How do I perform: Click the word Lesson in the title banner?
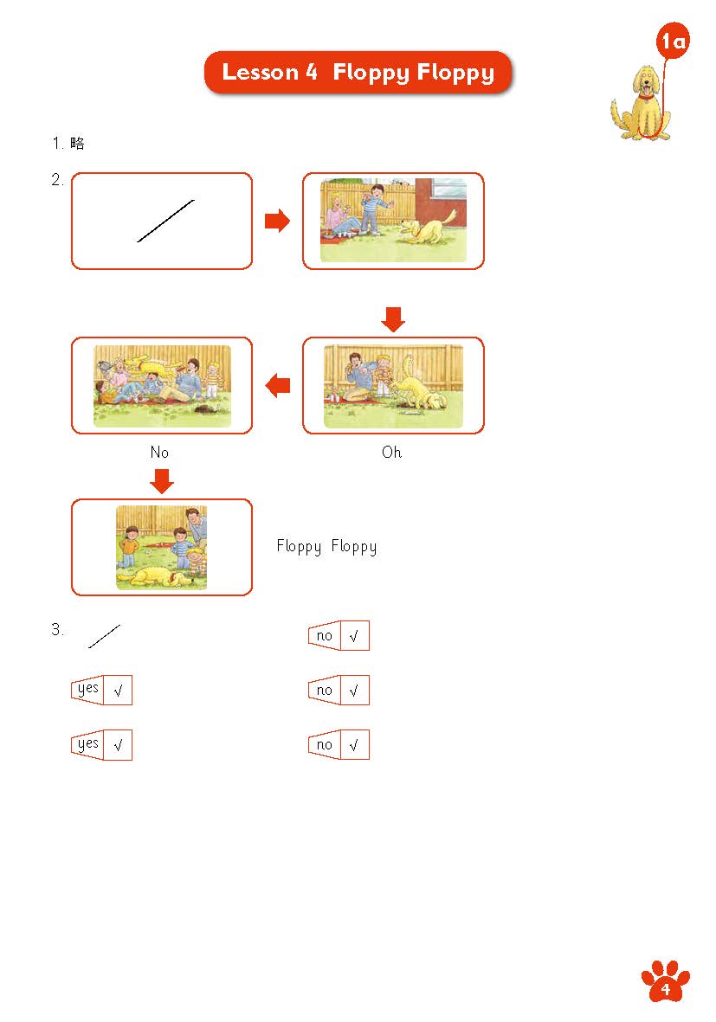(261, 72)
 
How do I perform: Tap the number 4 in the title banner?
(311, 72)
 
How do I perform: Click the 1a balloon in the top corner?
(673, 41)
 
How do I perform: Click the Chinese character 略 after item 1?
(77, 143)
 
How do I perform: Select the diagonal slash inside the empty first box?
(165, 221)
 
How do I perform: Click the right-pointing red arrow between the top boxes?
(277, 221)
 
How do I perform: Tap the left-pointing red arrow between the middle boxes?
(277, 385)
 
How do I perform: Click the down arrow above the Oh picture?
(393, 319)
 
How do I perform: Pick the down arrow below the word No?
(162, 481)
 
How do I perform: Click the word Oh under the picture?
(391, 453)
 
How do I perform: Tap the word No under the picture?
(159, 453)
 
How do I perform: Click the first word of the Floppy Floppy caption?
(299, 546)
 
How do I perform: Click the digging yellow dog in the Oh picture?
(421, 388)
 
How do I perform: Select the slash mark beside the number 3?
(105, 636)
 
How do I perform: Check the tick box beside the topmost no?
(355, 635)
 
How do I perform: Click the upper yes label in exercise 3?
(87, 690)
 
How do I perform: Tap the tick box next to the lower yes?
(118, 744)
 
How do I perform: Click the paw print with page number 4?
(665, 981)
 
